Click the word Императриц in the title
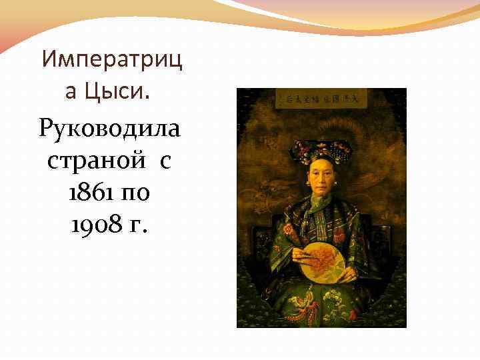(x=111, y=60)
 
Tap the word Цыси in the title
(x=122, y=90)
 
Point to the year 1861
(x=89, y=193)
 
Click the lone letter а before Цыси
(x=71, y=91)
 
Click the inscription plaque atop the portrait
(x=322, y=100)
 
